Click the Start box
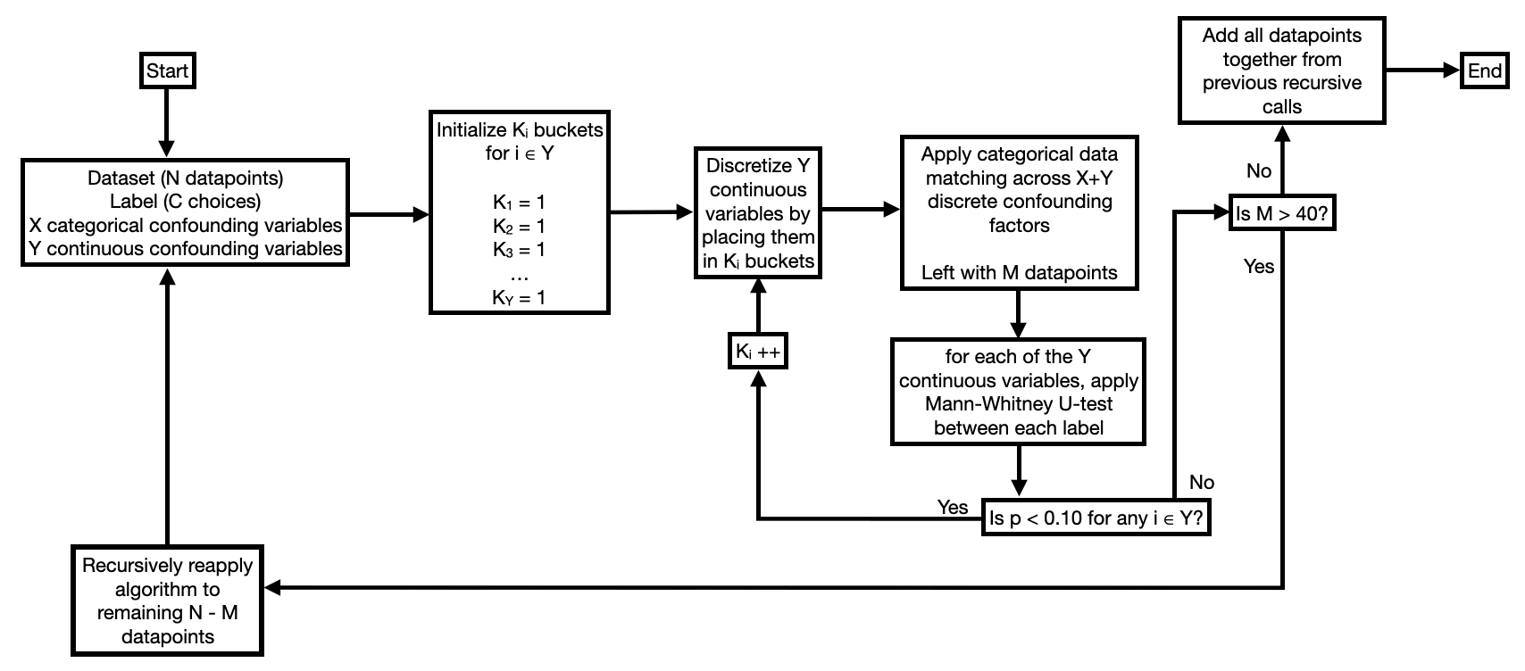tap(167, 70)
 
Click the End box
tap(1484, 70)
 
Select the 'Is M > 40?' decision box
tap(1282, 213)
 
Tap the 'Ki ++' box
tap(757, 352)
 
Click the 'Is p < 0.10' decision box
tap(1097, 518)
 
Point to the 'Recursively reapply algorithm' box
tap(167, 601)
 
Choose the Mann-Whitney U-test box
tap(1018, 392)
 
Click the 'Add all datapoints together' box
tap(1281, 70)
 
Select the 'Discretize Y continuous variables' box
tap(757, 213)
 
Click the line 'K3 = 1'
tap(519, 250)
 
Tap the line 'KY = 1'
tap(519, 298)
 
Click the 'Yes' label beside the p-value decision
tap(952, 507)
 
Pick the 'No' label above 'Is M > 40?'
tap(1258, 170)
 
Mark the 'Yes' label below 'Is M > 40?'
tap(1258, 266)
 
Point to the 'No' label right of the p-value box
tap(1201, 483)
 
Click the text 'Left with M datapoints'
tap(1019, 273)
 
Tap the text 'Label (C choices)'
tap(185, 202)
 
